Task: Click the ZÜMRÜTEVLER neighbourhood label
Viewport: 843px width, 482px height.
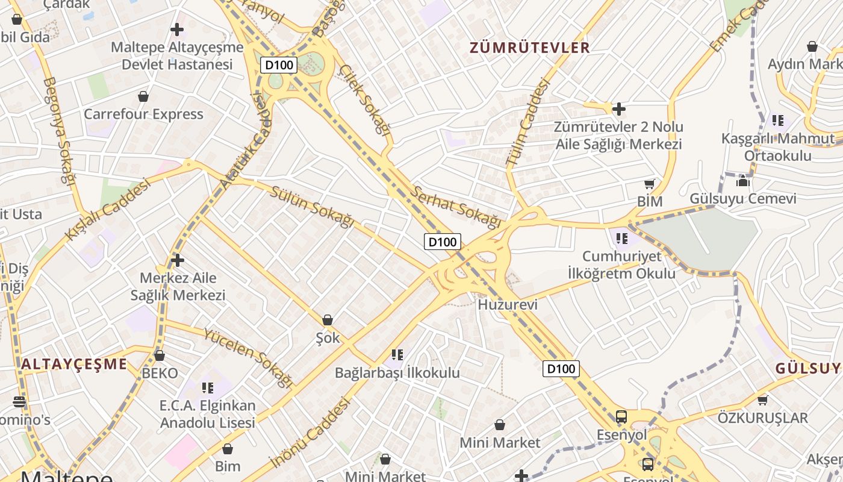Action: pyautogui.click(x=529, y=48)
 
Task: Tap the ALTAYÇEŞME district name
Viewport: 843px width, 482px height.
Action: pyautogui.click(x=74, y=364)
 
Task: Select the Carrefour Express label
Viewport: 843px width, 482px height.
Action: pyautogui.click(x=143, y=114)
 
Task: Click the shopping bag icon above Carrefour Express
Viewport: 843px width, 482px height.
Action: pyautogui.click(x=143, y=96)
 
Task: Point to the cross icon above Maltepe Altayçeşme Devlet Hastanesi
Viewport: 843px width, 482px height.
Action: pyautogui.click(x=177, y=29)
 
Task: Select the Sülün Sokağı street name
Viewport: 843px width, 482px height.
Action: pyautogui.click(x=312, y=207)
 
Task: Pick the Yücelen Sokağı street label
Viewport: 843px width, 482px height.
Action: pyautogui.click(x=248, y=357)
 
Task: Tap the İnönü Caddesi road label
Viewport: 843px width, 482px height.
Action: pyautogui.click(x=310, y=432)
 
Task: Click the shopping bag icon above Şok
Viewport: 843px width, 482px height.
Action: pyautogui.click(x=328, y=320)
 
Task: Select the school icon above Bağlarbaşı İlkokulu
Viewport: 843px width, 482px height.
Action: pyautogui.click(x=397, y=355)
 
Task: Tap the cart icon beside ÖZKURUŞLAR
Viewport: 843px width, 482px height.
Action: pyautogui.click(x=762, y=400)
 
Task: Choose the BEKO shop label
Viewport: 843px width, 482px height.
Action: pyautogui.click(x=160, y=373)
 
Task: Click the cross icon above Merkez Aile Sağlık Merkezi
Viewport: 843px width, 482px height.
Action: pyautogui.click(x=177, y=260)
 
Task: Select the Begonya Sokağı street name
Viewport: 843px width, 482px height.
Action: pyautogui.click(x=58, y=130)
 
